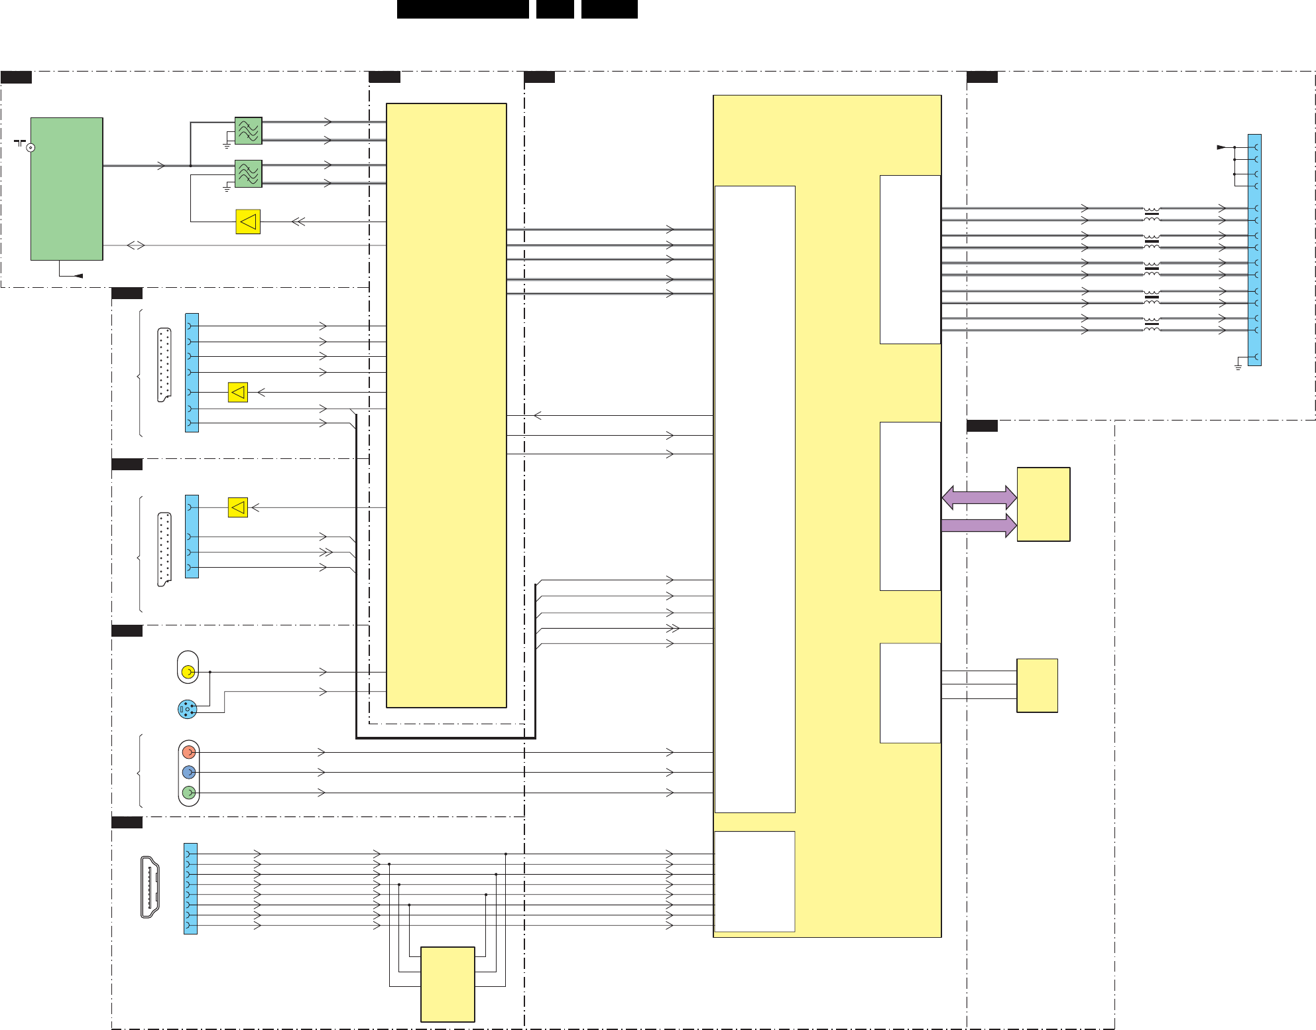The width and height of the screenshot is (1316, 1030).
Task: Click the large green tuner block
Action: [x=66, y=189]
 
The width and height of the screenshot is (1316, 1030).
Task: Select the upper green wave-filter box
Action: [x=249, y=131]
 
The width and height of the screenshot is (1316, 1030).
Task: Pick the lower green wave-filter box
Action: [x=249, y=174]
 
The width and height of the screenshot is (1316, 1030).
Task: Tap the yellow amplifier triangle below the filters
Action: [x=248, y=222]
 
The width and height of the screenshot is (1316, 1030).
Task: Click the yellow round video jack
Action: [x=188, y=672]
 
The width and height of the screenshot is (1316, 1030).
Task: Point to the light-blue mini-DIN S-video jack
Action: [x=187, y=710]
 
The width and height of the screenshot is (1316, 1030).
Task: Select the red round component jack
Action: [x=189, y=752]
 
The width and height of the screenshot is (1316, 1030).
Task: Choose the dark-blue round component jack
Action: [x=189, y=772]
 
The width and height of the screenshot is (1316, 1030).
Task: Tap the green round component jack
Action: [x=189, y=793]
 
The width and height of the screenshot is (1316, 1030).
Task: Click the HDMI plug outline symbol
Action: [x=150, y=887]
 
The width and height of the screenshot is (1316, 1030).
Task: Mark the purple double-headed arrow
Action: [x=979, y=497]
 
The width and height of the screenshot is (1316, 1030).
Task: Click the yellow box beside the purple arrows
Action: [x=1044, y=504]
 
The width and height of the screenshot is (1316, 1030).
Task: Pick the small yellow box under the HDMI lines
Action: [x=448, y=984]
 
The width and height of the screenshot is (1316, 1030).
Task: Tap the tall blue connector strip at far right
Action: [x=1254, y=250]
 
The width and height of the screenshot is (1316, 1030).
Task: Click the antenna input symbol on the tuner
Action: [x=29, y=147]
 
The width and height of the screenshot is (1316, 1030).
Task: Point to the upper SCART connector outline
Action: [x=164, y=365]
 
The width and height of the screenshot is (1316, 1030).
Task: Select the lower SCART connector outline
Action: [x=164, y=549]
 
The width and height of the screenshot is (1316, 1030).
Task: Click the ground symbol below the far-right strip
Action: [x=1238, y=365]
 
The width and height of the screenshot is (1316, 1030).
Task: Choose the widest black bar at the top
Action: [x=463, y=9]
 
